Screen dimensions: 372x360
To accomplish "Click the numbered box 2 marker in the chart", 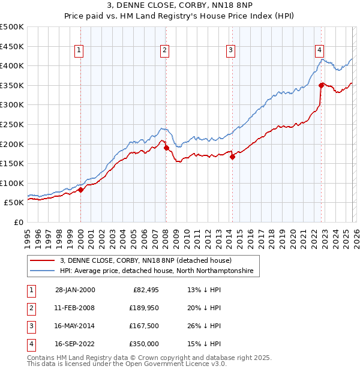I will pos(165,51).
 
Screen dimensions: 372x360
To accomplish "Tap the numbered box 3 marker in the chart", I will pos(231,51).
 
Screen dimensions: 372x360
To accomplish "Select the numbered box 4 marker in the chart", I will pos(320,51).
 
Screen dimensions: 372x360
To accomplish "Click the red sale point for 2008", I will pos(166,148).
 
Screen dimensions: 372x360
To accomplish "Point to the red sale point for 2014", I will pos(233,157).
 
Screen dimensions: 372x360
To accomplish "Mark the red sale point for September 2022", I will pos(322,85).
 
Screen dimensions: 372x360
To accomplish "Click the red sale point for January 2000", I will pos(81,190).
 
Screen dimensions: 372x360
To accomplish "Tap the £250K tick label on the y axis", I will pos(12,124).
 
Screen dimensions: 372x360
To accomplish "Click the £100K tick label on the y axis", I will pos(12,183).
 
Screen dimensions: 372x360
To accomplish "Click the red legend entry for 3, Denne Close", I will pos(150,260).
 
